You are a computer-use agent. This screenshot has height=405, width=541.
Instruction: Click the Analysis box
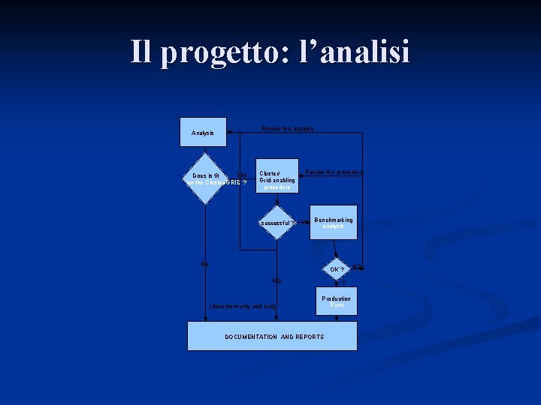coord(203,133)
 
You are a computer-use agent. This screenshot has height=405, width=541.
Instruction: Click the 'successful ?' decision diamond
coord(278,223)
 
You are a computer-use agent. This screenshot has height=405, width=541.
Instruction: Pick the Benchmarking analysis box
coord(333,223)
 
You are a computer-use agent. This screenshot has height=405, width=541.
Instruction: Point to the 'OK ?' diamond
coord(337,269)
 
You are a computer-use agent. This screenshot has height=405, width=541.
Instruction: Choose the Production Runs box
coord(337,301)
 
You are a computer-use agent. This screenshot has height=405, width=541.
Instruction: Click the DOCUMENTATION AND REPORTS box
coord(272,336)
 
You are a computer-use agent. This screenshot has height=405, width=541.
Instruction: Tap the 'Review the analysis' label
coord(288,129)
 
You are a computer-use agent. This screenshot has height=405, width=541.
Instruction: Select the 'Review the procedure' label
coord(334,172)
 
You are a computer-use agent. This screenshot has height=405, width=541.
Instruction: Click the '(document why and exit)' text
coord(243,306)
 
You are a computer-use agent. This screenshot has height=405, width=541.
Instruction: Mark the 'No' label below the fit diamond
coord(205,264)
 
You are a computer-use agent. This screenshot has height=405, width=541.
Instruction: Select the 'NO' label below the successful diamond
coord(277,280)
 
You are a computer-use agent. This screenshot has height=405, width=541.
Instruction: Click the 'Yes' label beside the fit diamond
coord(242,175)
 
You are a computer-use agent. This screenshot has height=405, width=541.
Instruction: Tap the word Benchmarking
coord(333,220)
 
